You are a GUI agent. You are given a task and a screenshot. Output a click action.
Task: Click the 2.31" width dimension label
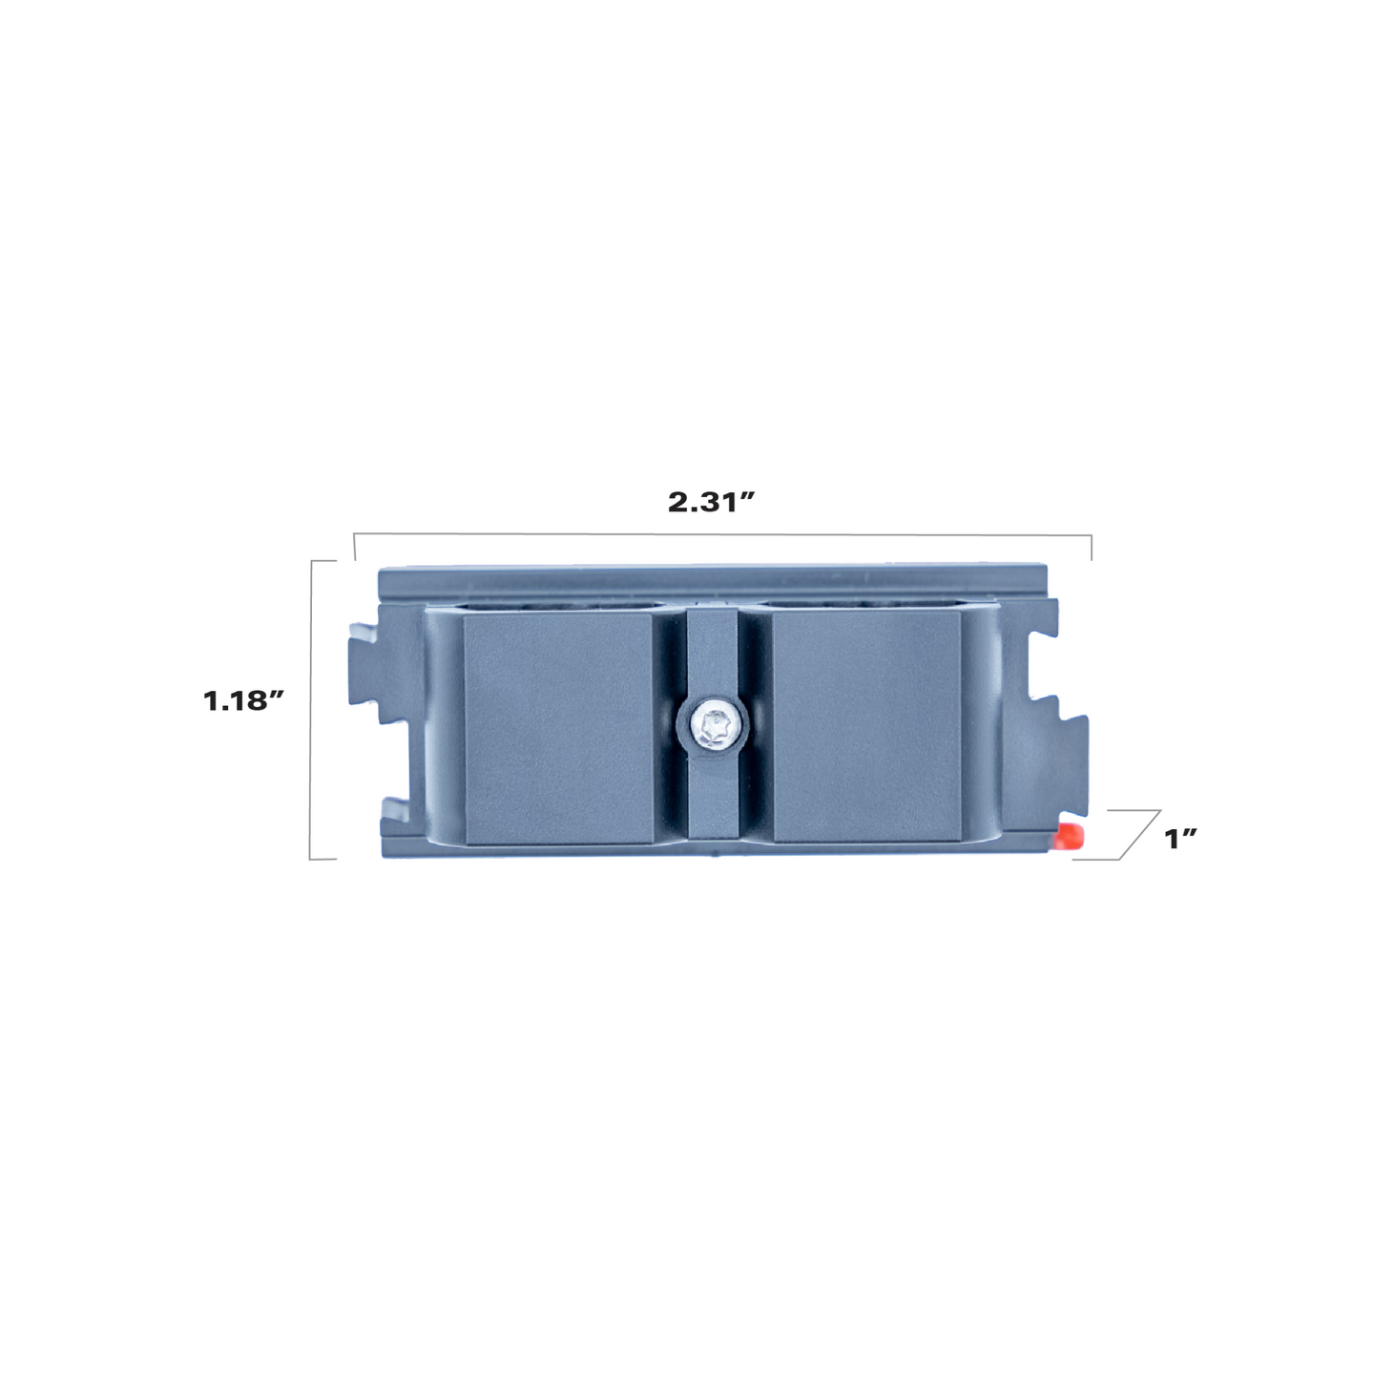(710, 502)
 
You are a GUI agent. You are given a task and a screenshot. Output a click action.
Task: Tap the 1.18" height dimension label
(244, 701)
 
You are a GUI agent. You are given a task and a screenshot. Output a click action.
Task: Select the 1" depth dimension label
(1180, 840)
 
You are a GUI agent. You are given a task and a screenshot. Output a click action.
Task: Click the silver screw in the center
(713, 728)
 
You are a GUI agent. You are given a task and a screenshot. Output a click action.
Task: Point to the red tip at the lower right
(1070, 836)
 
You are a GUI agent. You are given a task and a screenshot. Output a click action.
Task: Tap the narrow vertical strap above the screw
(713, 656)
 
